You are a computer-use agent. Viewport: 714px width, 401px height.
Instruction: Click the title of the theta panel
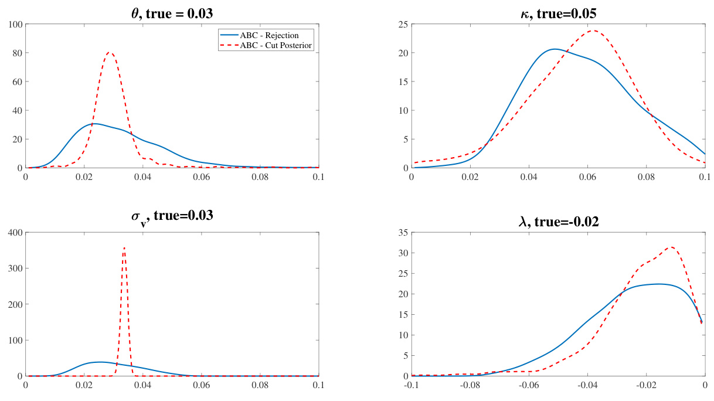click(172, 9)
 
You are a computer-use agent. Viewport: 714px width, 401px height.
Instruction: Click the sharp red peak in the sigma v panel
click(124, 248)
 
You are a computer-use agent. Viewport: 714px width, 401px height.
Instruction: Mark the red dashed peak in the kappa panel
click(593, 30)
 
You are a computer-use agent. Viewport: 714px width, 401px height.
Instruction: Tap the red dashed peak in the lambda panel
click(672, 247)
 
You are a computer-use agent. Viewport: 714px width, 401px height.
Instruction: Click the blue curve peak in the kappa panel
click(555, 49)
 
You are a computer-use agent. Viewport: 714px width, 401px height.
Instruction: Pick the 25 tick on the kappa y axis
click(403, 24)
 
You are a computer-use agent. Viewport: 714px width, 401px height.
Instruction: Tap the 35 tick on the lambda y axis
click(403, 233)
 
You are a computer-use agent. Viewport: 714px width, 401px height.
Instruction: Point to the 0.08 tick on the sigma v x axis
click(260, 385)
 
